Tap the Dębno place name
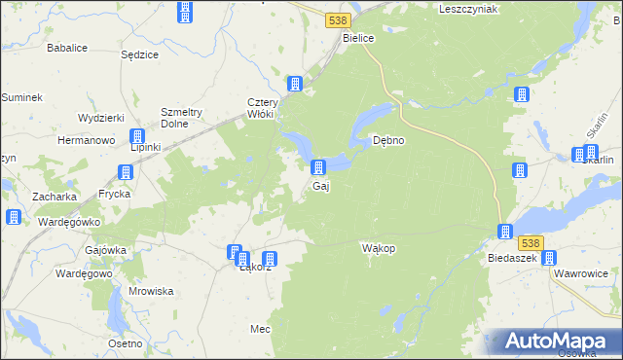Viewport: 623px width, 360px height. pos(389,140)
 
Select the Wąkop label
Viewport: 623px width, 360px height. pos(379,248)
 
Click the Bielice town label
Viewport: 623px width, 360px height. pos(359,38)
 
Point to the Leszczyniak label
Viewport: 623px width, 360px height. pos(468,9)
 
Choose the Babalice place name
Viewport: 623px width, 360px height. pos(67,46)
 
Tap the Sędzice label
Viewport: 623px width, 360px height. pos(139,54)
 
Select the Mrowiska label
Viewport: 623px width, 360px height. pos(151,291)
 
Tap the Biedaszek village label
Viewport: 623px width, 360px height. pos(514,259)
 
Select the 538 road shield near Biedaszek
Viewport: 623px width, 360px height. pos(530,242)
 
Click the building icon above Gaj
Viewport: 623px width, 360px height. pos(318,168)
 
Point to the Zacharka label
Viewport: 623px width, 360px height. pos(55,197)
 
